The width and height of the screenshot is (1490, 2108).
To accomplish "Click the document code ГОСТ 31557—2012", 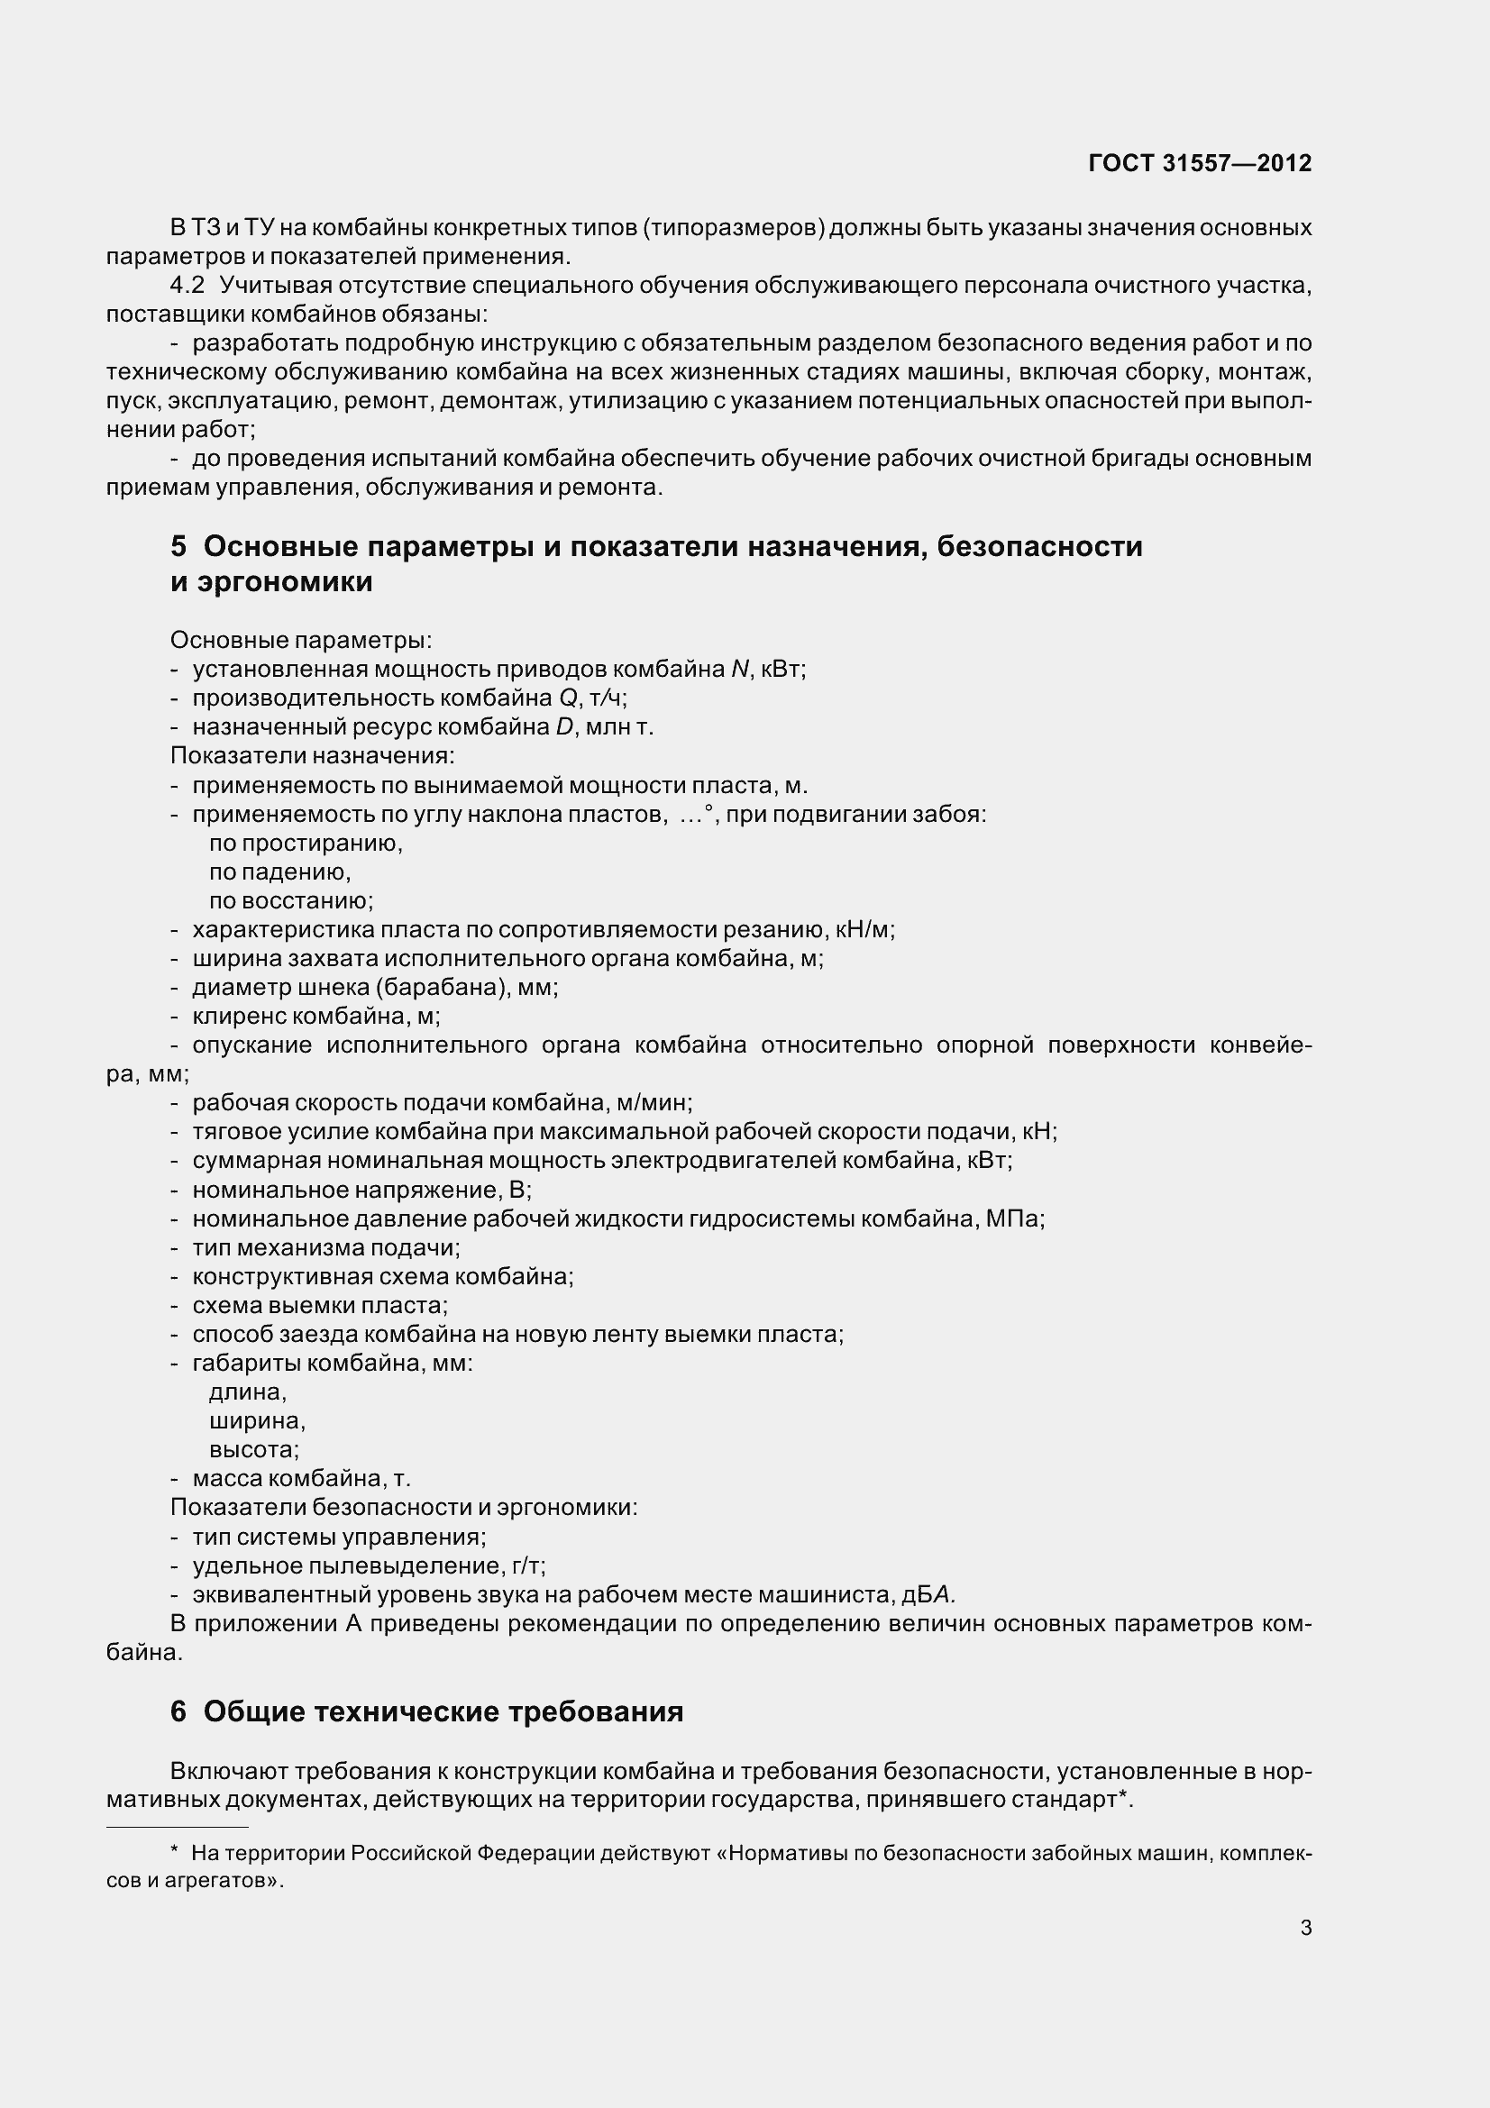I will point(1199,163).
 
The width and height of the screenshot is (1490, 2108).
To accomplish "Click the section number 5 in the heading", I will point(178,546).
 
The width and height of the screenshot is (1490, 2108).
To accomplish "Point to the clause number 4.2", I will point(187,286).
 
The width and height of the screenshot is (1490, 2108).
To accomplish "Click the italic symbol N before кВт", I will point(740,670).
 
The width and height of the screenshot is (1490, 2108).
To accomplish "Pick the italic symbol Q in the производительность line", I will point(567,698).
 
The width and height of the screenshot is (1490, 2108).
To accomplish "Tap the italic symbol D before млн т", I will point(564,727).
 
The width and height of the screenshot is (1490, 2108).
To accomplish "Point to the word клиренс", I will point(235,1017).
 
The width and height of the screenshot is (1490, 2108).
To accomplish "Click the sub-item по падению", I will point(279,872).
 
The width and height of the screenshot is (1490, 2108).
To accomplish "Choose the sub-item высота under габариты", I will point(253,1450).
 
